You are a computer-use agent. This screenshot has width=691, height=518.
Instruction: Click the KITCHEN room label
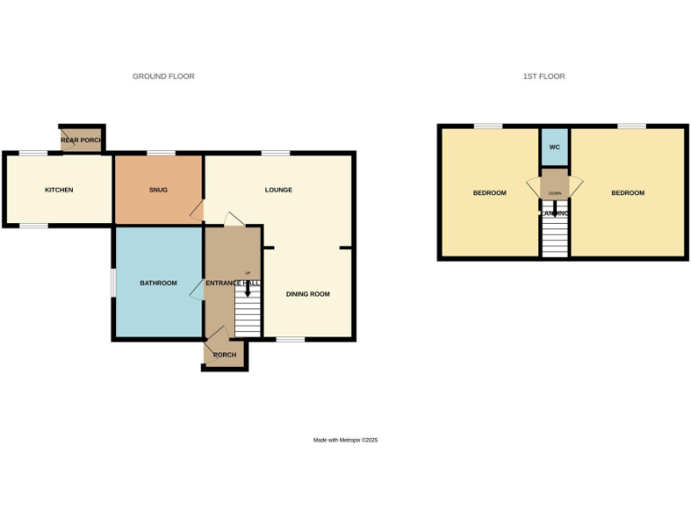(58, 190)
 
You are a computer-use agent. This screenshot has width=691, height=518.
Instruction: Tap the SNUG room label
(158, 190)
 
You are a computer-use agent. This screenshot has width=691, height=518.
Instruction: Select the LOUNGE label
(278, 190)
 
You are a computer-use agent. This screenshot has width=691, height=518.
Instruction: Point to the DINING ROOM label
(308, 294)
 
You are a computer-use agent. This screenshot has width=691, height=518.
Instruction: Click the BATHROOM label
(157, 283)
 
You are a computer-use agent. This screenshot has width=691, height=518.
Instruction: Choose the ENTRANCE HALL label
(232, 283)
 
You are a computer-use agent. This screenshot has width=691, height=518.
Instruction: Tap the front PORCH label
(224, 355)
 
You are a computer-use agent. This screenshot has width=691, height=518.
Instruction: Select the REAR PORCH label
(81, 140)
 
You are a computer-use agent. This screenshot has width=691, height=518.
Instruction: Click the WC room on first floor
(554, 147)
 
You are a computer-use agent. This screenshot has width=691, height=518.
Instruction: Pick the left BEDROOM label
(489, 193)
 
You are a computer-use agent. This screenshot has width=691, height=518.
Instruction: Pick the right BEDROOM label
(627, 193)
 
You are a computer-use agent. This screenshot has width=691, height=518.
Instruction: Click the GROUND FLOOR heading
(163, 76)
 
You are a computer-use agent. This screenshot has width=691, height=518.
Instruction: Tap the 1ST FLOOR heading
(543, 76)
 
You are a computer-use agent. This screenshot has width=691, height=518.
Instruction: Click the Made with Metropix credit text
(345, 440)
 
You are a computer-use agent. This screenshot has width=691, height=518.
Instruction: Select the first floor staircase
(555, 237)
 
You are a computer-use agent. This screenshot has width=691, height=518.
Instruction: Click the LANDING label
(554, 213)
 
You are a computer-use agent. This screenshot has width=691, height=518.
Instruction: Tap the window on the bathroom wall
(112, 282)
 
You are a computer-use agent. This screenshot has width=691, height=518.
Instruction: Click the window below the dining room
(290, 339)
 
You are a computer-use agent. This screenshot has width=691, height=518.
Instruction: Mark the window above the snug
(161, 153)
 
